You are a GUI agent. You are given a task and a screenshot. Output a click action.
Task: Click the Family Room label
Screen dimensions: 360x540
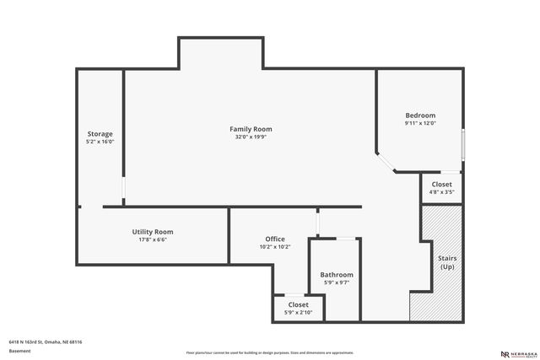pos(251,129)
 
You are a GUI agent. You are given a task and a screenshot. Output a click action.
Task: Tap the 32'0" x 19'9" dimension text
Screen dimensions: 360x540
pos(251,137)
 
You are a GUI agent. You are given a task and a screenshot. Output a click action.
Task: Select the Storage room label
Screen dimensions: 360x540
pos(100,134)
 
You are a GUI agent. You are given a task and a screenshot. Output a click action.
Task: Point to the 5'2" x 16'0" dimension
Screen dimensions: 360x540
pos(100,142)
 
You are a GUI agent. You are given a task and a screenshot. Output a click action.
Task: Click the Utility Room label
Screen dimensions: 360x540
pos(153,232)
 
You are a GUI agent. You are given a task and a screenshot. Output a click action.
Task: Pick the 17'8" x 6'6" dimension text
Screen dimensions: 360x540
pos(153,240)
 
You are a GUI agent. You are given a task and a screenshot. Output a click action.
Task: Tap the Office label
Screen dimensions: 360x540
pos(274,239)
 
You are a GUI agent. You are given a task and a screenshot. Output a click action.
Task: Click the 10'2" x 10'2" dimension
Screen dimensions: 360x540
pos(274,247)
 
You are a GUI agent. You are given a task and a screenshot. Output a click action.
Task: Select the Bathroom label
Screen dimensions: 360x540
pos(337,275)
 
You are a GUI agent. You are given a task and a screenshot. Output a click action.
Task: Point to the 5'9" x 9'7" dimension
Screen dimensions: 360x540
pos(337,283)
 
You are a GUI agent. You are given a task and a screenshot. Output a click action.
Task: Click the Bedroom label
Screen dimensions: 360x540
pos(420,116)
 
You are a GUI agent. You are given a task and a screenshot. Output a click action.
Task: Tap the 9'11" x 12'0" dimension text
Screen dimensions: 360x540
pos(420,124)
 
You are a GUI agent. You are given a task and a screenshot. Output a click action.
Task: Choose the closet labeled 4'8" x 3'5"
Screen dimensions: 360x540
pos(442,188)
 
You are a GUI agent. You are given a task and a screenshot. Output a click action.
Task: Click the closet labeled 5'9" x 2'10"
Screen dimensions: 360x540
pos(299,309)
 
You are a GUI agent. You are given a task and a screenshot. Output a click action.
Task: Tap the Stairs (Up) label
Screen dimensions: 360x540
pos(447,262)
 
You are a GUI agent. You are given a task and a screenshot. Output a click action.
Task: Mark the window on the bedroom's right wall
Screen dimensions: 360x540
pos(462,142)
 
